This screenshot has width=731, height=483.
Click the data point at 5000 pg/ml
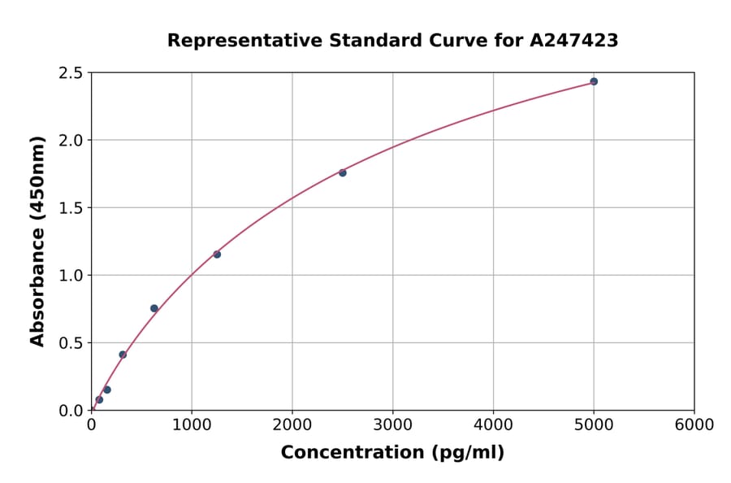[x=594, y=81]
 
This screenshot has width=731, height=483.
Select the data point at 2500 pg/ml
[x=343, y=172]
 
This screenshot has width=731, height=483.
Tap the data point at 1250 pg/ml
[x=217, y=255]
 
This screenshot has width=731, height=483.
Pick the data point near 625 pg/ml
[x=154, y=308]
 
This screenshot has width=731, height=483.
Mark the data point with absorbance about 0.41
[x=123, y=355]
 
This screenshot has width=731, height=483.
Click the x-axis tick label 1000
[x=192, y=425]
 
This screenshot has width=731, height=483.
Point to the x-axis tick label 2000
[x=292, y=425]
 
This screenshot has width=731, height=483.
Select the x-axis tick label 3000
[x=393, y=425]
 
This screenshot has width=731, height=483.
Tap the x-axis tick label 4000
[x=493, y=425]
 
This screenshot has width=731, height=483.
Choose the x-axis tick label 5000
[x=594, y=425]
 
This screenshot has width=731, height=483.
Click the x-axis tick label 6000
[x=694, y=425]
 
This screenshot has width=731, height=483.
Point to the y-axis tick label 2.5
[x=71, y=73]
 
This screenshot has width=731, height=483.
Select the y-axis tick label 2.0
[x=71, y=141]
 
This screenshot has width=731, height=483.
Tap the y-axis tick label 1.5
[x=71, y=208]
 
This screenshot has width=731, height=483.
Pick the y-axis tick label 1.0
[x=71, y=276]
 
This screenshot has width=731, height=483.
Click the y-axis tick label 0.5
[x=71, y=343]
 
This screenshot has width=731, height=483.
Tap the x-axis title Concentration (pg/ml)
[x=392, y=453]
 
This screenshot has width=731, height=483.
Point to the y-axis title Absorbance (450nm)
[x=37, y=241]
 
